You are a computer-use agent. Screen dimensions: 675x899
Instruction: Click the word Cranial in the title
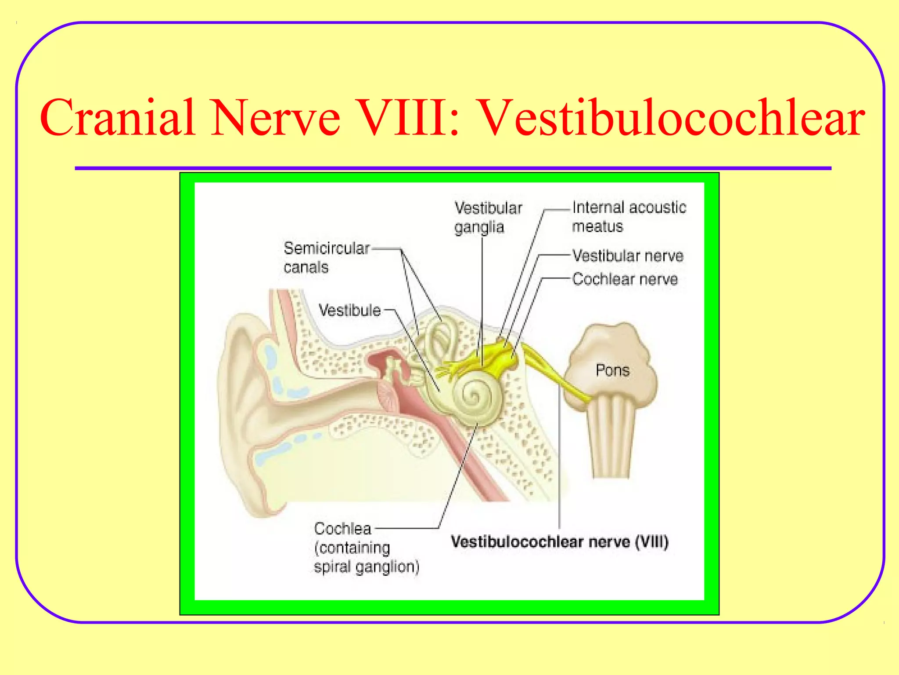[x=118, y=118]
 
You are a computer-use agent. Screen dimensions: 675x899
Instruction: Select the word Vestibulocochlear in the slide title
[x=672, y=118]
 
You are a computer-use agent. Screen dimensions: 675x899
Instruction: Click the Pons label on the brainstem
[x=612, y=370]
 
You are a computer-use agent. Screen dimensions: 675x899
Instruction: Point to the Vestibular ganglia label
[x=488, y=217]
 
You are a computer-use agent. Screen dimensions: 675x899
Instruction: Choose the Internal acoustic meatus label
[x=629, y=216]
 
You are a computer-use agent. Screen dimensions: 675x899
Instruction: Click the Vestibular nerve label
[x=628, y=256]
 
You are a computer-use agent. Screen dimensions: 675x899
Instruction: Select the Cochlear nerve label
[x=625, y=279]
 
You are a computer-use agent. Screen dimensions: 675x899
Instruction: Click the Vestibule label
[x=349, y=310]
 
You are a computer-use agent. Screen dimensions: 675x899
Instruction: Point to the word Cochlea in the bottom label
[x=342, y=528]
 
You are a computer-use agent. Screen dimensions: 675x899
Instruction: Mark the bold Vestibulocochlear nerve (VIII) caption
[x=559, y=541]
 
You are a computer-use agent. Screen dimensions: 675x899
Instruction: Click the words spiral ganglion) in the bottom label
[x=366, y=566]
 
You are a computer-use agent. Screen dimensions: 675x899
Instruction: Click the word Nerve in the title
[x=276, y=118]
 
